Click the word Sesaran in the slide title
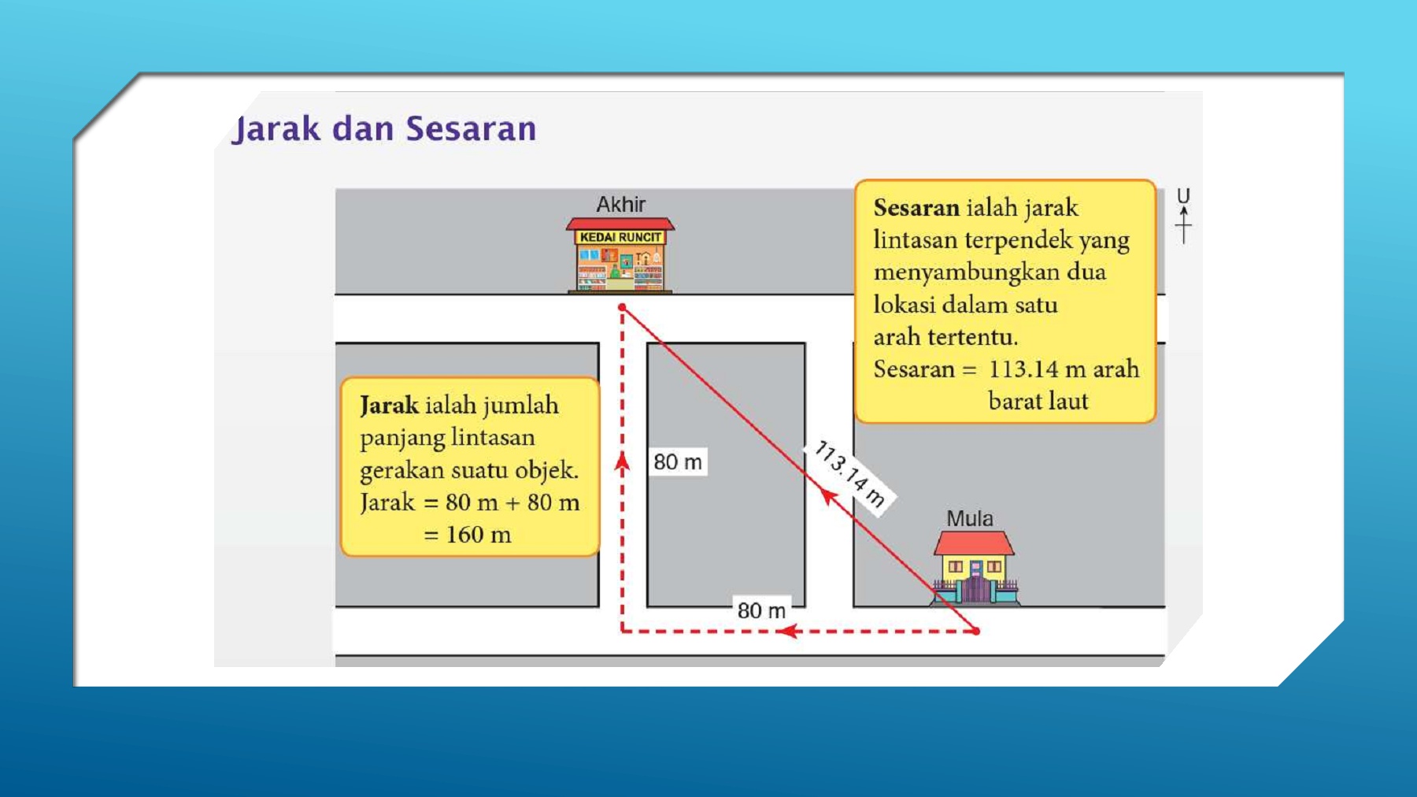point(472,128)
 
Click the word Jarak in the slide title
point(276,129)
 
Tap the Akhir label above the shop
point(620,205)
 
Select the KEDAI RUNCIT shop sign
point(620,237)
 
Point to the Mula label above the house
point(970,518)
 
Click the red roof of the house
point(974,543)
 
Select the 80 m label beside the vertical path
point(678,462)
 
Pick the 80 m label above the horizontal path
point(761,610)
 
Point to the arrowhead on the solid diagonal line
point(827,496)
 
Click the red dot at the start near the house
point(976,631)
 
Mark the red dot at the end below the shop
point(622,307)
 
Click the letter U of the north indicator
point(1183,196)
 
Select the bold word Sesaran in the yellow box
point(916,208)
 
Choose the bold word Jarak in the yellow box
point(390,406)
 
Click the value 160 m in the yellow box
point(479,535)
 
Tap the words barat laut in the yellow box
point(1038,401)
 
